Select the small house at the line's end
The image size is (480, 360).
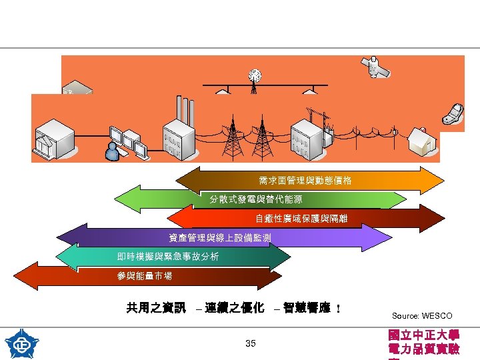click(421, 140)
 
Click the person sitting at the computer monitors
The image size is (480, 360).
click(113, 151)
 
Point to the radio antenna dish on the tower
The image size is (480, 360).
click(253, 76)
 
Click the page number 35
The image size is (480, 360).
click(251, 343)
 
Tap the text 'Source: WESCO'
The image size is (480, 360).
click(421, 315)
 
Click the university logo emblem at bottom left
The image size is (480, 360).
click(21, 343)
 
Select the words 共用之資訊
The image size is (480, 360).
click(156, 308)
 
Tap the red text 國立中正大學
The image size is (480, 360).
click(423, 335)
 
